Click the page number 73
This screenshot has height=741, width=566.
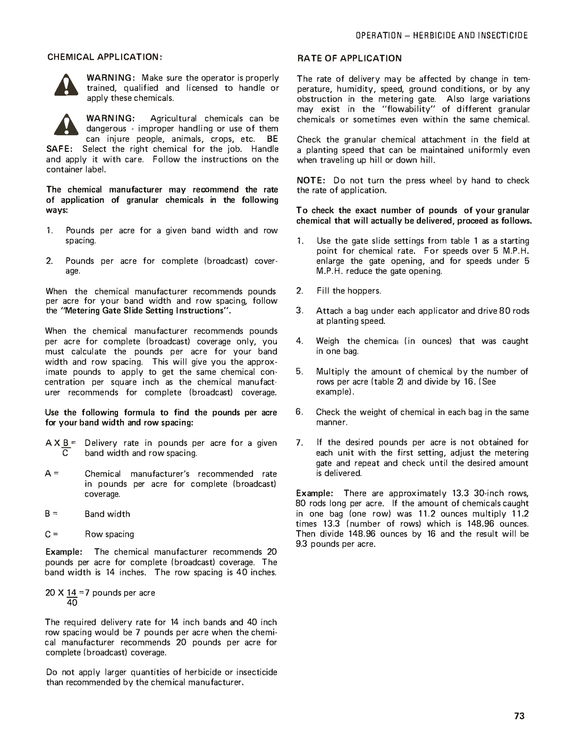tap(519, 716)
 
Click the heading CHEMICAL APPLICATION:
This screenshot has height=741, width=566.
tap(105, 57)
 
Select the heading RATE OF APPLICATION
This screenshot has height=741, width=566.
tap(349, 58)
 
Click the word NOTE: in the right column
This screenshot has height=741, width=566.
tap(311, 181)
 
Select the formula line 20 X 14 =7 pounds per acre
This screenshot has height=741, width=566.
tap(100, 593)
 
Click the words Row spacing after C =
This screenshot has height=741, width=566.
tap(109, 534)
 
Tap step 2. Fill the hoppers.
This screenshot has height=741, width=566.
tap(348, 291)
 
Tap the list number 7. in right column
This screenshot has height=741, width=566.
tap(300, 443)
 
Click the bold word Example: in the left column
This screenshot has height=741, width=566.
tap(64, 552)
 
